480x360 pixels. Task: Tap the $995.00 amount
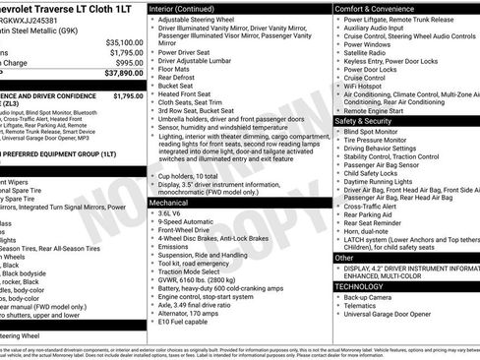[129, 62]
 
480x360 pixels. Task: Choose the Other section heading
[344, 257]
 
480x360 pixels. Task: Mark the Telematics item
[366, 306]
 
